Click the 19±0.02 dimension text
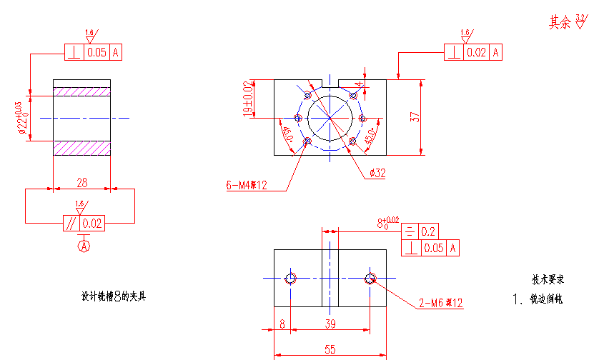click(248, 99)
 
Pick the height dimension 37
click(415, 117)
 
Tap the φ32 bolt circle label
click(377, 173)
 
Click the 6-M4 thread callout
click(247, 186)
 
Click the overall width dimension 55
click(330, 349)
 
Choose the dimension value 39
click(331, 324)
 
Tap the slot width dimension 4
click(360, 84)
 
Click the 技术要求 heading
click(547, 279)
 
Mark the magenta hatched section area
click(82, 91)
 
